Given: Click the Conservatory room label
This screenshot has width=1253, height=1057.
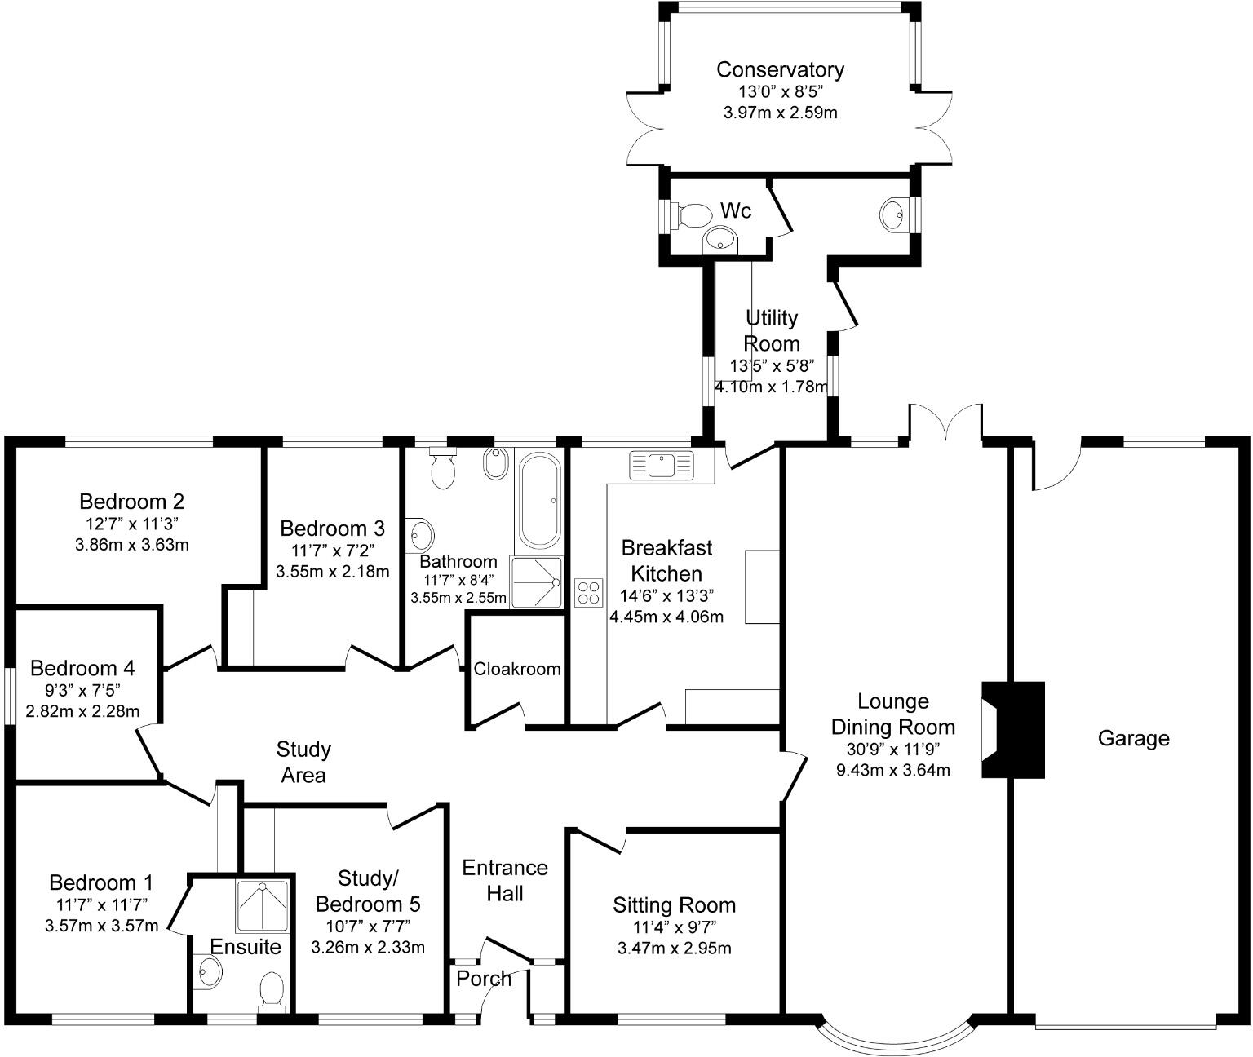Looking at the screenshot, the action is coord(780,69).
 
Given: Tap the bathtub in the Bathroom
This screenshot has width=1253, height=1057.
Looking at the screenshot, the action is coord(539,500).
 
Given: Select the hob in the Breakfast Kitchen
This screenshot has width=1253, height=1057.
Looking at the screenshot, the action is coord(589,593).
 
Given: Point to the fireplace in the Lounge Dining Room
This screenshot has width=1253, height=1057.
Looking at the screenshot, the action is coord(1013,729).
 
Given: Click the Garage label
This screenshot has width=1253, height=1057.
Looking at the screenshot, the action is coord(1134,738).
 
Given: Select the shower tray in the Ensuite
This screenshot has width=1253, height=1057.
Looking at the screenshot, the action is coord(262,906).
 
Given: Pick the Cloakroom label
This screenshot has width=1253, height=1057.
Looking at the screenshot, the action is coord(516,669).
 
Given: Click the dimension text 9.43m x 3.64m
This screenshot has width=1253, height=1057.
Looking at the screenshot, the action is coord(893,770).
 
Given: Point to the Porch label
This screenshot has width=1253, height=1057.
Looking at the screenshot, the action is coord(484,979).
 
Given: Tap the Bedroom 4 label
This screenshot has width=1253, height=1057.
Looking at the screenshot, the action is coord(83,668).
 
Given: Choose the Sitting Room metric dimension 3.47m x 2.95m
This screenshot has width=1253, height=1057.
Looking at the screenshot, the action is coord(675,949).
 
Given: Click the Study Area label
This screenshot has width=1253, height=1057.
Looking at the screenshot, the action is coord(303,763).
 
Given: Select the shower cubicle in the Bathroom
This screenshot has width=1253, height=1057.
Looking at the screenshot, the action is coord(536,582).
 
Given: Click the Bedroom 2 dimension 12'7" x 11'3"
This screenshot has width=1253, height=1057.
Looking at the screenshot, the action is coord(132,524).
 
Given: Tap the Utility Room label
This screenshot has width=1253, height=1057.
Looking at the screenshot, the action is coord(772,330).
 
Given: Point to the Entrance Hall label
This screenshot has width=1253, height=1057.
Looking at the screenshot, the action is coord(505,881).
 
